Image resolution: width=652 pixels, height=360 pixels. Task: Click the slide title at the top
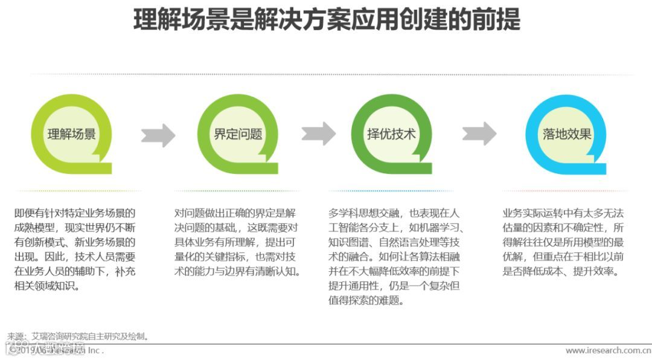[326, 20]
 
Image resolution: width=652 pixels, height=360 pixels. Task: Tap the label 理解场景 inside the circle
[72, 134]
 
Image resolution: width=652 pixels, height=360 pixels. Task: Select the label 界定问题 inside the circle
[238, 134]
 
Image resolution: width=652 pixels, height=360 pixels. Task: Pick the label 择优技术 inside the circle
[392, 134]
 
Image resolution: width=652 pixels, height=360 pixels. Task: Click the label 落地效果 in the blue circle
[566, 134]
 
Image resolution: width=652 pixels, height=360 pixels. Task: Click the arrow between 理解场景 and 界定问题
[158, 135]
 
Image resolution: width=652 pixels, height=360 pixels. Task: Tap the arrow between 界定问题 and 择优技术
[319, 133]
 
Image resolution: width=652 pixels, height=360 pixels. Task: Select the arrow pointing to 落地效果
[479, 133]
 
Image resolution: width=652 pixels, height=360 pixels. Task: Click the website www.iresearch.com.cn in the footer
[608, 350]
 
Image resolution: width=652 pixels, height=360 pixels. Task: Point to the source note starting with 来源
[78, 336]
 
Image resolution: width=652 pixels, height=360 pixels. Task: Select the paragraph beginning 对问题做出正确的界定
[237, 242]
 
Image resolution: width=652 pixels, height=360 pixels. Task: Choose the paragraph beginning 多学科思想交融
[395, 257]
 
